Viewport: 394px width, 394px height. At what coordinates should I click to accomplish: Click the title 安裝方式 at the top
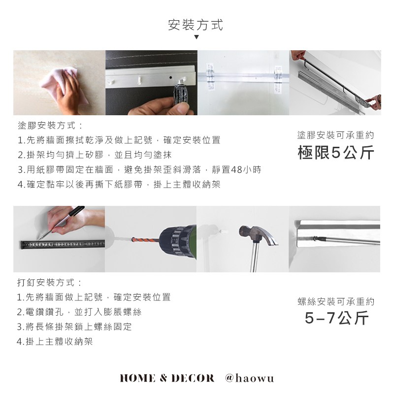click(196, 25)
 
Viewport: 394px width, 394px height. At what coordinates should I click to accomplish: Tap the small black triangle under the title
click(197, 37)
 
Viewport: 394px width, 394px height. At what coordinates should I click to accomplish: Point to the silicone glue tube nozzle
click(181, 81)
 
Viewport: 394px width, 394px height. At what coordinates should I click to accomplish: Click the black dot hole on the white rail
click(170, 77)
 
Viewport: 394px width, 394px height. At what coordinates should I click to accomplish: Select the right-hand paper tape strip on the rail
click(278, 78)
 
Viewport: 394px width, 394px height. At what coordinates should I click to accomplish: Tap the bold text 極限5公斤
click(336, 152)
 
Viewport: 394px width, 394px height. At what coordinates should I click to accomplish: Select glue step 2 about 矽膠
click(95, 155)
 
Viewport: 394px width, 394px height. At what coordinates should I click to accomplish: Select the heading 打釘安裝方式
click(50, 283)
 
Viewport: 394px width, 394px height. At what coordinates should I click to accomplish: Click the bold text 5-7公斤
click(337, 318)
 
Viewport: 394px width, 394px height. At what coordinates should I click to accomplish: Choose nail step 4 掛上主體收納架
click(55, 341)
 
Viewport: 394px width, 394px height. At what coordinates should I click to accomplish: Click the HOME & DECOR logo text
click(167, 378)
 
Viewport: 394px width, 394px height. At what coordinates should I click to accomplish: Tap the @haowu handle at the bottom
click(250, 378)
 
